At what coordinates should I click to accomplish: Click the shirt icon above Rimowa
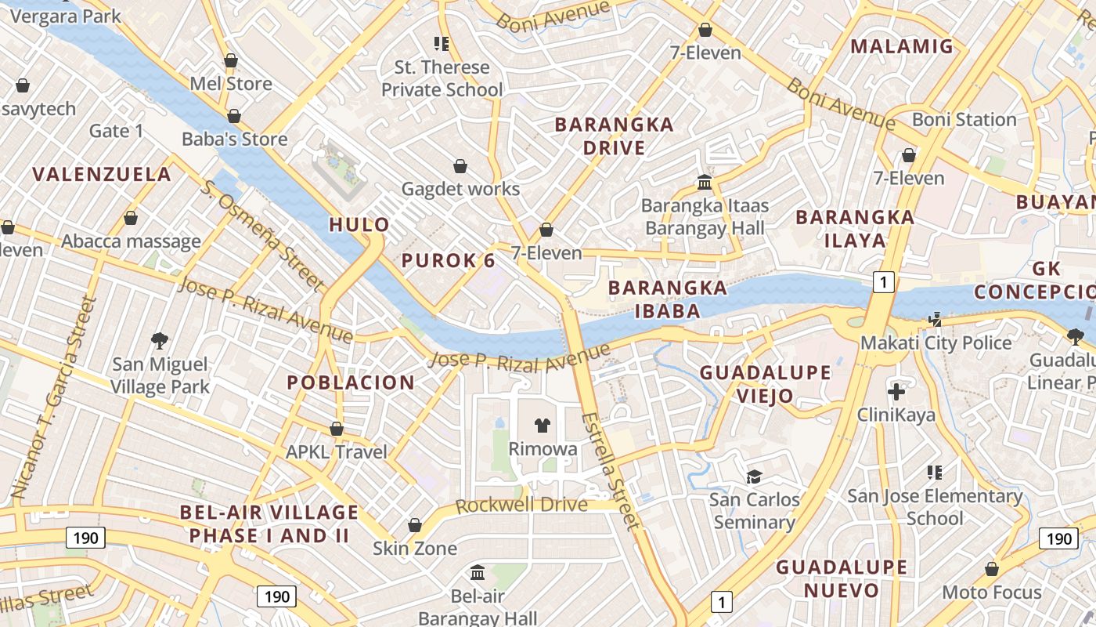pos(542,426)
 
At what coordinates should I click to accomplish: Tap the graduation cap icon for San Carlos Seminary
pos(754,477)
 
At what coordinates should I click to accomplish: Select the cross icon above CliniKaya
pos(896,391)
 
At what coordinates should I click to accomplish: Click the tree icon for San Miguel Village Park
pos(160,340)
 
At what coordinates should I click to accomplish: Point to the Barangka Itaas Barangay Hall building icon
pos(705,183)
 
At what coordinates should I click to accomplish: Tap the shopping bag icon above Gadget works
pos(460,166)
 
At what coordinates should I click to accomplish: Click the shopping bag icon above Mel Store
pos(231,60)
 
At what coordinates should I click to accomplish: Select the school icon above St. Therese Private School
pos(442,44)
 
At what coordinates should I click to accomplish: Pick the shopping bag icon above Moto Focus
pos(991,569)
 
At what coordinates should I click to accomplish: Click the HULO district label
pos(359,225)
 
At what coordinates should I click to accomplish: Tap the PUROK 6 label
pos(449,261)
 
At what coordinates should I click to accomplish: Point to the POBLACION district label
pos(351,382)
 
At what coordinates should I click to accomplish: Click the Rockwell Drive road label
pos(521,506)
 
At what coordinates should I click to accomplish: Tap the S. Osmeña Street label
pos(262,234)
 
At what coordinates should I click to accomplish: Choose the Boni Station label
pos(964,120)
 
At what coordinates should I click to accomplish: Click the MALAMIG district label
pos(902,46)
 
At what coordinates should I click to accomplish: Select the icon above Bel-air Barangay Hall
pos(478,573)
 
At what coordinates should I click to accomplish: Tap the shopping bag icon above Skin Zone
pos(415,525)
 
